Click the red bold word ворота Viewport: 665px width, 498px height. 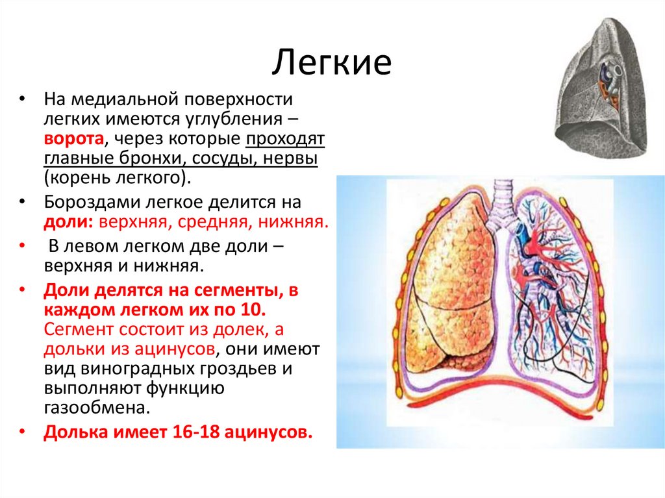point(73,139)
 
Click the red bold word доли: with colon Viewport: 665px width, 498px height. point(68,223)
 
